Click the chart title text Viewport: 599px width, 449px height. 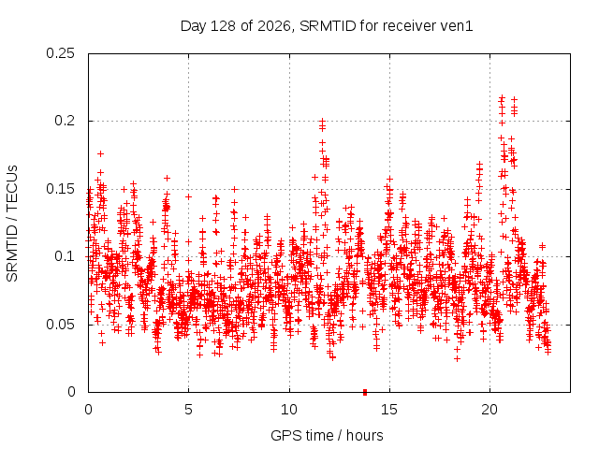[327, 26]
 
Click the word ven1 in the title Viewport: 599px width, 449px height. [457, 26]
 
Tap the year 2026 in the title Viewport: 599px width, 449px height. [274, 26]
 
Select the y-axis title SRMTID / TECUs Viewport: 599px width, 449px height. [12, 224]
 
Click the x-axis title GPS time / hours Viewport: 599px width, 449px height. [327, 435]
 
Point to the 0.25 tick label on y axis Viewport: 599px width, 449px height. [60, 53]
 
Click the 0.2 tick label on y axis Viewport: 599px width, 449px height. [65, 121]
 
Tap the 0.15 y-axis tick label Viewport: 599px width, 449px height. [60, 189]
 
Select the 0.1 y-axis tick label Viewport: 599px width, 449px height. [65, 256]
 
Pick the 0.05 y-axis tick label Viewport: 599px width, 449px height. [60, 325]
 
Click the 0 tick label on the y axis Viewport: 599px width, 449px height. [71, 392]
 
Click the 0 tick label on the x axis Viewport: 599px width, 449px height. [88, 410]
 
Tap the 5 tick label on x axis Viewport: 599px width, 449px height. [189, 410]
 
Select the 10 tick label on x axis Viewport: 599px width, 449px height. [289, 410]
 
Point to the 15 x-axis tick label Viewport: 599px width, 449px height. [389, 410]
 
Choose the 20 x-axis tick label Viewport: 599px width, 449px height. [489, 410]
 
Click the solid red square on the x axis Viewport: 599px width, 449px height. [365, 392]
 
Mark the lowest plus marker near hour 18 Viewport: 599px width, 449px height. [457, 358]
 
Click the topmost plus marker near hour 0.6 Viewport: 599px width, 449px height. [100, 153]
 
